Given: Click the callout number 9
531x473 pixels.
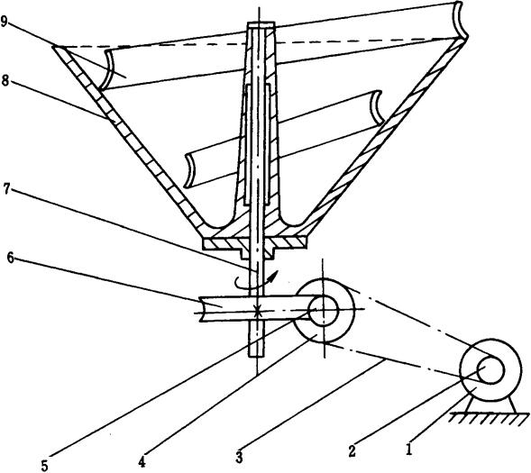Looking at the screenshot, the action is point(5,22).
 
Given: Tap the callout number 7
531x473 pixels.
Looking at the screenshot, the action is point(7,189).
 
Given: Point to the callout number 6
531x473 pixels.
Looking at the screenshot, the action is point(11,259).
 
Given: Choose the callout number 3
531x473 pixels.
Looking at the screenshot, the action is point(240,458).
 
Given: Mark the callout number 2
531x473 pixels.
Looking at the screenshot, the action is point(352,451).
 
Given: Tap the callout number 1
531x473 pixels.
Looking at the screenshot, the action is point(410,450).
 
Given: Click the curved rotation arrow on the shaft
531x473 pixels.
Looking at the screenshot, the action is point(257,281).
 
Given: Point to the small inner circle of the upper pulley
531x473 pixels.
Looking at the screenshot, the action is point(324,309).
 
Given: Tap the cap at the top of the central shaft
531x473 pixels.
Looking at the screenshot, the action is point(261,25).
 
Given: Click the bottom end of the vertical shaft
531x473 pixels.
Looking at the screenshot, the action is point(256,356).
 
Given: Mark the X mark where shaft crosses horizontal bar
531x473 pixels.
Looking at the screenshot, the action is point(257,311).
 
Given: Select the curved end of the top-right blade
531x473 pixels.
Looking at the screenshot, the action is point(461,21).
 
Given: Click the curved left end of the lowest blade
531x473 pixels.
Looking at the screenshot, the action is point(189,171).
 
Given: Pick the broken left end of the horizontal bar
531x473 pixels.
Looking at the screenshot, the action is point(201,309).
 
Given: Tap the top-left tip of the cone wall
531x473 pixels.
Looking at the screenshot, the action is point(53,47).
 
